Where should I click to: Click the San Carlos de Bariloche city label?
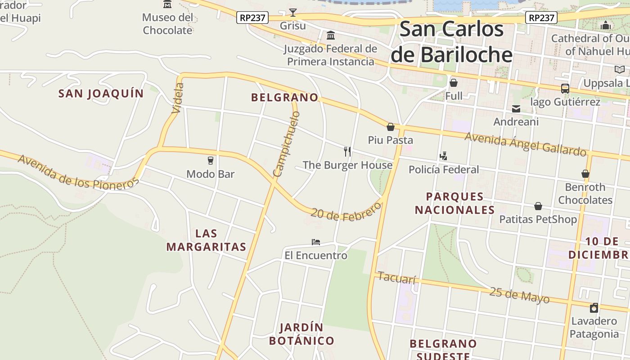[x=451, y=42]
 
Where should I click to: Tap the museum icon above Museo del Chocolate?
[x=167, y=4]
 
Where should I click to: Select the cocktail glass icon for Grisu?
[x=293, y=13]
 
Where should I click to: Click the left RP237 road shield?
[x=252, y=18]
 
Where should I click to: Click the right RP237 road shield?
[x=541, y=18]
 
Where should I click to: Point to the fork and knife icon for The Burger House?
[x=347, y=151]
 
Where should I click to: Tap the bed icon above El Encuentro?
[x=316, y=242]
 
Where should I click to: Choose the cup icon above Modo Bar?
[x=210, y=160]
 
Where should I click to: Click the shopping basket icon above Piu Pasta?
[x=391, y=127]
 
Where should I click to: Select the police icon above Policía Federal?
[x=443, y=156]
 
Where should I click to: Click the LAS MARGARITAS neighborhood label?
[x=206, y=240]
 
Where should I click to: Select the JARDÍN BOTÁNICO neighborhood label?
[x=301, y=334]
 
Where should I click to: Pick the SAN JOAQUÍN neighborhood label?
[x=101, y=94]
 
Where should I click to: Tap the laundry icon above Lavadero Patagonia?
[x=594, y=308]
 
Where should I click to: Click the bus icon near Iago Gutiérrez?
[x=565, y=89]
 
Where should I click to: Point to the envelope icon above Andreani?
[x=516, y=109]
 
